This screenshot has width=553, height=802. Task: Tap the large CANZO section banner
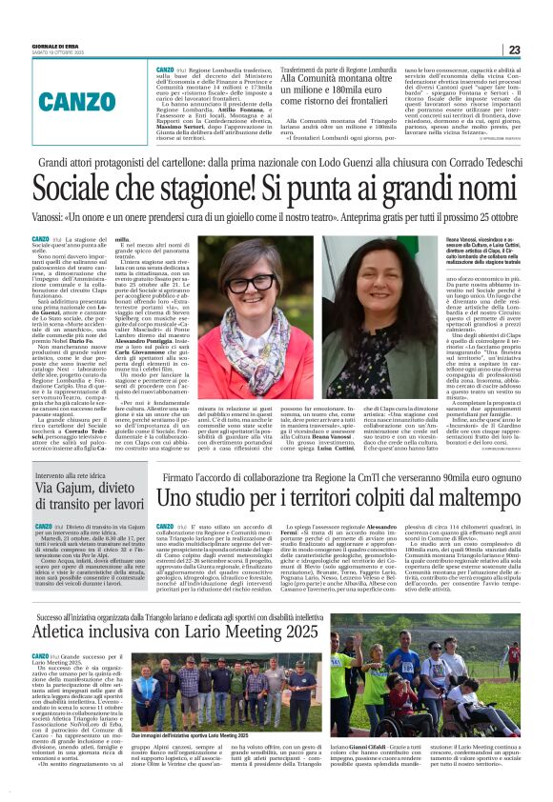point(78,100)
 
